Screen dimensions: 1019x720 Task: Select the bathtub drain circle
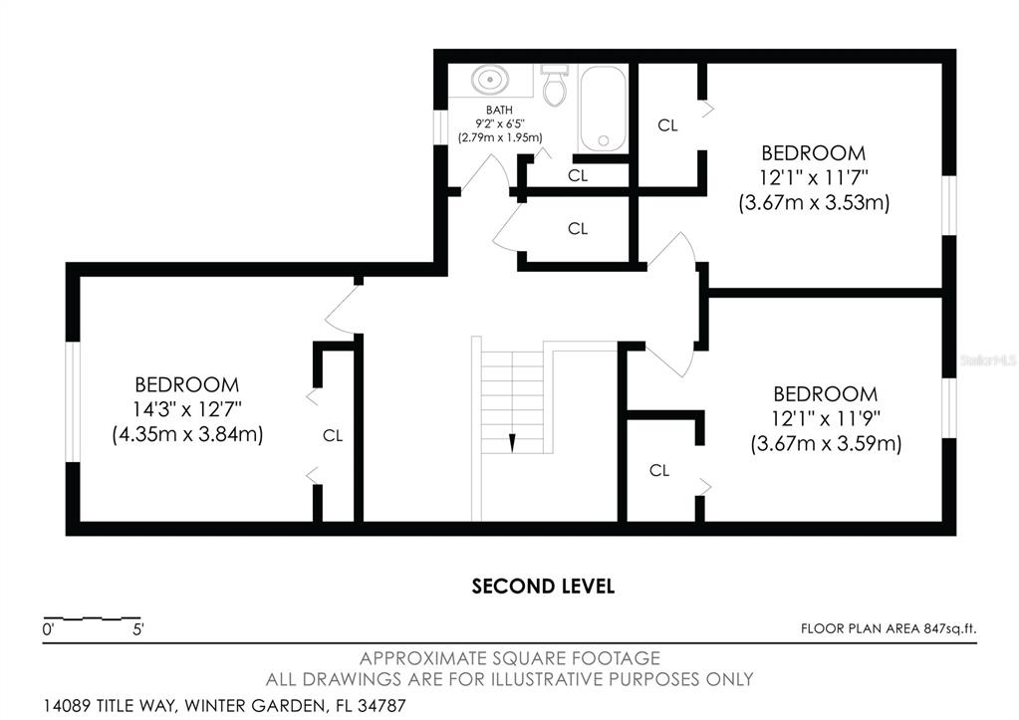[x=603, y=140]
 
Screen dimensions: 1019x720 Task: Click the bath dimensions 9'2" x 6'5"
[x=500, y=123]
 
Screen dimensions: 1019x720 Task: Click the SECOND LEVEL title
[x=543, y=587]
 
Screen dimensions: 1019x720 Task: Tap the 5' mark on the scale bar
[x=138, y=629]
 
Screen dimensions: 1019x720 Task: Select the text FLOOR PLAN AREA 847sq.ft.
[x=889, y=628]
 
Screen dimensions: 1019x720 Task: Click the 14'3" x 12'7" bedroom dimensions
[x=187, y=409]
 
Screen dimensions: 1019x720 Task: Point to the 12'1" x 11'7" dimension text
[x=814, y=177]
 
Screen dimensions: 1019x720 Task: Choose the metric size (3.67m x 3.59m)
[x=826, y=444]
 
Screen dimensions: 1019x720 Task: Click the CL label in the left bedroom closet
[x=333, y=435]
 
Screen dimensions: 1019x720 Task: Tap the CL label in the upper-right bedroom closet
[x=667, y=124]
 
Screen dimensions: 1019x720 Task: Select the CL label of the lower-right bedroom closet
[x=659, y=470]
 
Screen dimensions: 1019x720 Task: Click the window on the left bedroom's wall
[x=72, y=401]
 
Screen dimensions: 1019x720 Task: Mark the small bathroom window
[x=440, y=127]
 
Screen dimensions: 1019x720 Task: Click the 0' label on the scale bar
[x=48, y=629]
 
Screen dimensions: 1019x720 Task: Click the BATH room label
[x=499, y=111]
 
